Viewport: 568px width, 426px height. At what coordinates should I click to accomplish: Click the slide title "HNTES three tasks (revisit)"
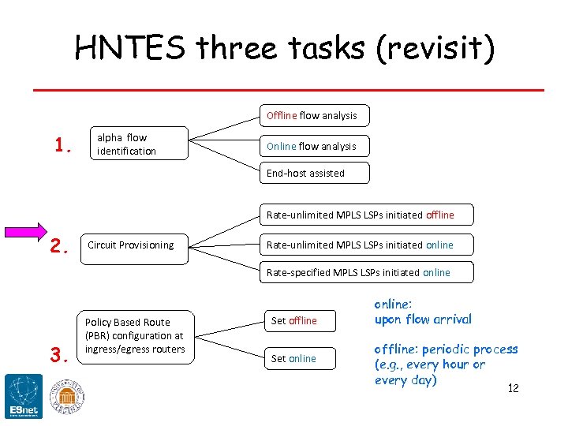pos(284,48)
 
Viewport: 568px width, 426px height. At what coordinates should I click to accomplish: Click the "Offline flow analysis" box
pos(312,115)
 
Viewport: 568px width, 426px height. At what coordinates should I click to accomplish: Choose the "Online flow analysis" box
pos(312,146)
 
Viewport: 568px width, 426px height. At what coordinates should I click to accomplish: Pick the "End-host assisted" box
pos(312,173)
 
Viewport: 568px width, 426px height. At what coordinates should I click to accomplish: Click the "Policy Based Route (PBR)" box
pos(136,336)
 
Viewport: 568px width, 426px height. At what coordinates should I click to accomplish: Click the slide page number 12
pos(513,388)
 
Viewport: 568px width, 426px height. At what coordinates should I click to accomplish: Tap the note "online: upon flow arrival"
pos(422,312)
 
